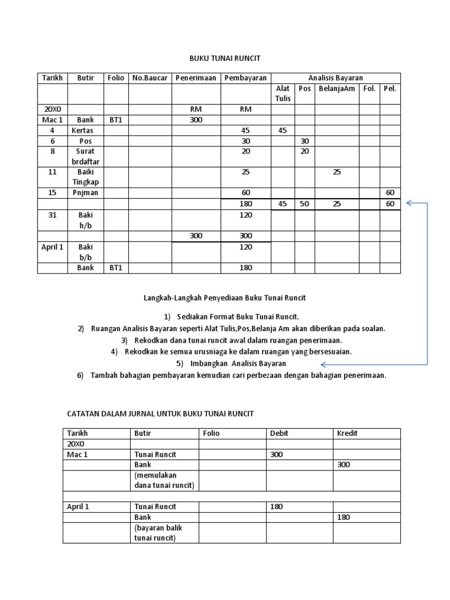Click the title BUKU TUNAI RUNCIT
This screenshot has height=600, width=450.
tap(224, 59)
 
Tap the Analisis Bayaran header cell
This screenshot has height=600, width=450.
tap(335, 78)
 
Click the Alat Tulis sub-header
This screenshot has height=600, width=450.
tap(283, 94)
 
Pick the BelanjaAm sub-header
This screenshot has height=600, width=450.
tap(337, 88)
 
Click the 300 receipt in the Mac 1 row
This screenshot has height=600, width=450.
tap(196, 120)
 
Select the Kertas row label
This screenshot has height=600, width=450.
tap(86, 131)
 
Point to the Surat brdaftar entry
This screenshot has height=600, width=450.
tap(86, 156)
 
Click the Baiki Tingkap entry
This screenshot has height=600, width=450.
tap(86, 178)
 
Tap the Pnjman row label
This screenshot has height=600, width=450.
tap(86, 193)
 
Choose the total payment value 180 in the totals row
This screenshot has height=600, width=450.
tap(246, 204)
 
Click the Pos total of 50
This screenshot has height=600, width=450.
tap(304, 204)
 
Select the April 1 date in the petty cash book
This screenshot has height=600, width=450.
tap(52, 247)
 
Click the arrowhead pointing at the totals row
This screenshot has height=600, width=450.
tap(408, 204)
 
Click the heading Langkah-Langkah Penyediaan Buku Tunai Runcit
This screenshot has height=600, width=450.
tap(224, 298)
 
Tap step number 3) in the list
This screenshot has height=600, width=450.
tap(124, 340)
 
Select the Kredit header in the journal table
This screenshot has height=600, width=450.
tap(347, 434)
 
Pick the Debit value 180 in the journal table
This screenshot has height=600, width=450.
tap(277, 507)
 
